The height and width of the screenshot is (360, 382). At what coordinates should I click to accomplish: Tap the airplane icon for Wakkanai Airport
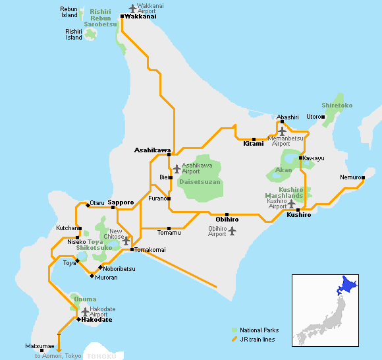click(x=134, y=9)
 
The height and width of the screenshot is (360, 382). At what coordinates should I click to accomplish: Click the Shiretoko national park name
click(x=337, y=105)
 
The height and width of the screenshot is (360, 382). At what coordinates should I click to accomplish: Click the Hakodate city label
click(x=96, y=320)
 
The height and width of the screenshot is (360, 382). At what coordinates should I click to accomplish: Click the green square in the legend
click(x=234, y=330)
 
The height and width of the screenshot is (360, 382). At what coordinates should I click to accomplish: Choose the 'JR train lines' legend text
click(x=258, y=340)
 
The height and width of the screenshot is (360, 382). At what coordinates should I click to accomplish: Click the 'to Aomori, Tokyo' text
click(x=58, y=355)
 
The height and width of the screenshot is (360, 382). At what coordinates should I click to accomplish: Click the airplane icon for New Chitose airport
click(x=126, y=241)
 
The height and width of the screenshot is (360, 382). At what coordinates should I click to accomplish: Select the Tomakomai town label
click(x=151, y=250)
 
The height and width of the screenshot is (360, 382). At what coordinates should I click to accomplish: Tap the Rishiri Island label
click(x=74, y=34)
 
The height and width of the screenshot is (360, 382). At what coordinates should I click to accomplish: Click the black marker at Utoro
click(x=323, y=117)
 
